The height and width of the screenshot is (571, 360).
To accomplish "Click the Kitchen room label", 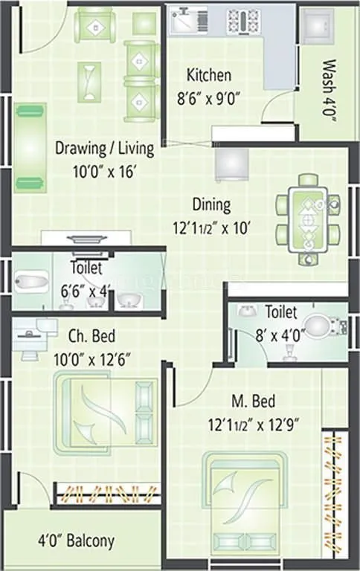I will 208,75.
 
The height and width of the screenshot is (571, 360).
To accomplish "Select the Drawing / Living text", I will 105,148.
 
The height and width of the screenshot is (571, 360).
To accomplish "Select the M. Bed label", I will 254,402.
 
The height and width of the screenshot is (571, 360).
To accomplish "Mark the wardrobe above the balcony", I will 109,494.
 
